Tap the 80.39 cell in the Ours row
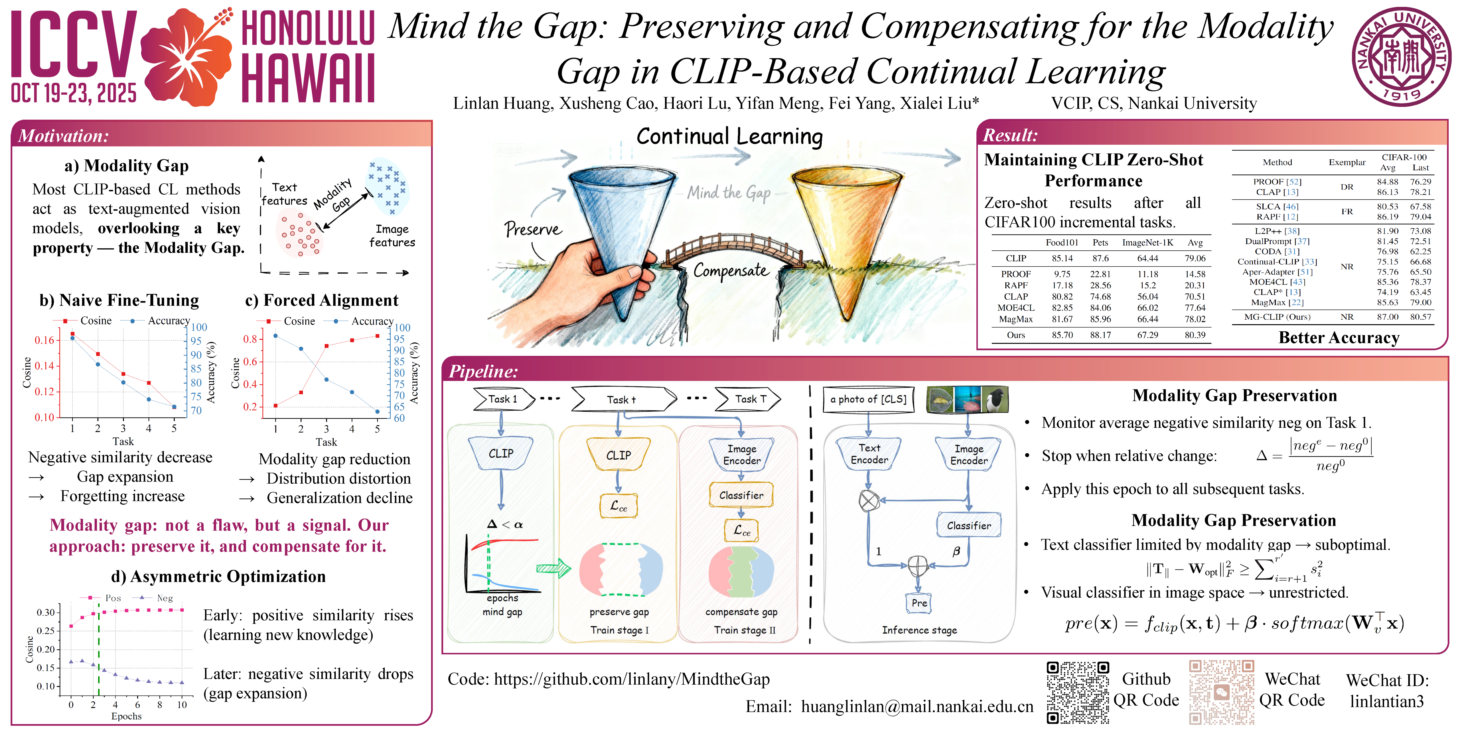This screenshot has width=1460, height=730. pyautogui.click(x=1195, y=335)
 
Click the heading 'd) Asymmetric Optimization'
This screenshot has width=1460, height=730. pyautogui.click(x=218, y=576)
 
